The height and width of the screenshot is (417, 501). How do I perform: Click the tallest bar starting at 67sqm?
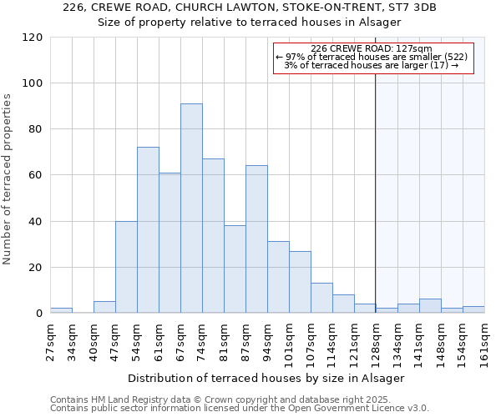[x=191, y=208]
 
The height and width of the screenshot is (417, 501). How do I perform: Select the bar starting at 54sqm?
[x=148, y=230]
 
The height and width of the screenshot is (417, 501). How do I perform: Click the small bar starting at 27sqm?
[x=61, y=310]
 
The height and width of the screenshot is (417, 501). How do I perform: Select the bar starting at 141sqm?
[x=430, y=306]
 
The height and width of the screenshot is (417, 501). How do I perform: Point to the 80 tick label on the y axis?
[x=35, y=129]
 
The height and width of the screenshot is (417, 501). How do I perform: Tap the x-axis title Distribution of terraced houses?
[x=266, y=378]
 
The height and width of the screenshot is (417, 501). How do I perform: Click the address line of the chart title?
[x=250, y=8]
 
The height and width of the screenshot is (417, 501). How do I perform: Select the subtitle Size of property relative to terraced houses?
[x=250, y=23]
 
